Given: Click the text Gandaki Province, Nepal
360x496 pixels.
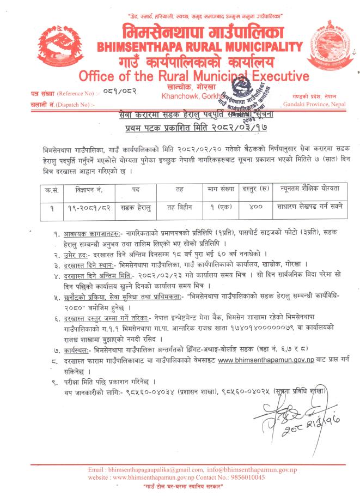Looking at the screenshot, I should pyautogui.click(x=319, y=103).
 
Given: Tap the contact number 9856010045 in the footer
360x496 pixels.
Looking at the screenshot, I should pyautogui.click(x=246, y=477).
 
